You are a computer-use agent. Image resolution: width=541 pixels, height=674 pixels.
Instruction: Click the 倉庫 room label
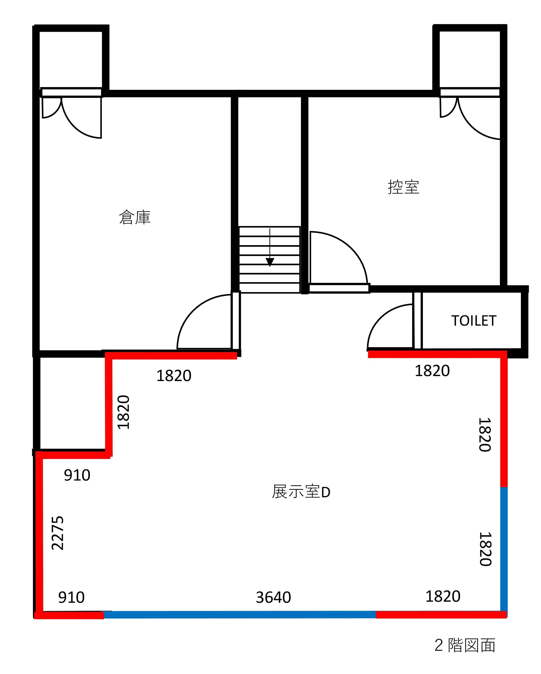coord(135,217)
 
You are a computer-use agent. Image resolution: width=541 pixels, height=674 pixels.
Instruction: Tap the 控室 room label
coord(403,187)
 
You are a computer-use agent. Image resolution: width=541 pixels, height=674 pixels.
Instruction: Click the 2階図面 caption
coord(465,645)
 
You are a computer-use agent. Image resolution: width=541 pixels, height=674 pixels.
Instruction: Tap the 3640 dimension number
coord(273,597)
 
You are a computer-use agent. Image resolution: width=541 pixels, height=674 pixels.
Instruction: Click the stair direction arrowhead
coord(270,262)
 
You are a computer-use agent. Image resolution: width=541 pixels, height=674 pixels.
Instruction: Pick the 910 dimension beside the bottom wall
coord(71,597)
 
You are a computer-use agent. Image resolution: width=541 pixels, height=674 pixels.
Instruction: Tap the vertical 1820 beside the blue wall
coord(485,549)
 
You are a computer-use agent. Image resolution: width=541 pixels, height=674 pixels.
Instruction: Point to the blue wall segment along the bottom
coord(240,615)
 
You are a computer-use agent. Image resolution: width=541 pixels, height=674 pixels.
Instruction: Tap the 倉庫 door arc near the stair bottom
coord(191,310)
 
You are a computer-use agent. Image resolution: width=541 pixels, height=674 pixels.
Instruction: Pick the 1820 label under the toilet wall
coord(432,371)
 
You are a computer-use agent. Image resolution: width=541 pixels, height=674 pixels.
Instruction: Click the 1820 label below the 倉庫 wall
coord(174,376)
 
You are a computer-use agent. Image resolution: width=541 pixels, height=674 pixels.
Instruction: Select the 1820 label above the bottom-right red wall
coord(443,596)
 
